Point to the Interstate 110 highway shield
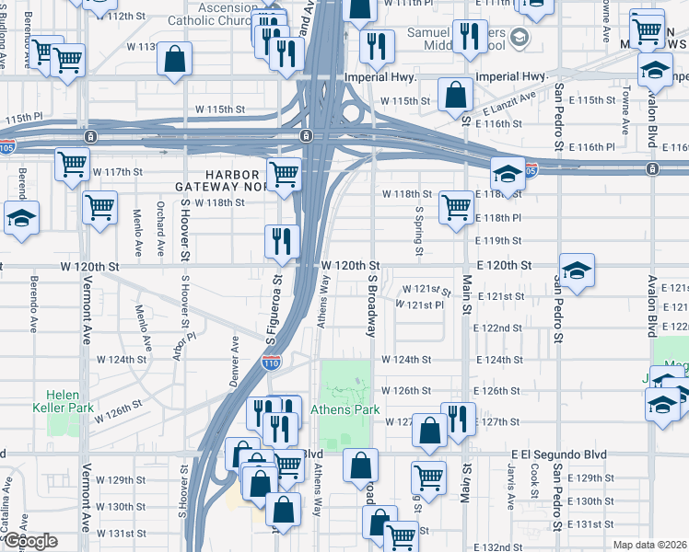coord(290,362)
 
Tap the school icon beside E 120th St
coord(577,270)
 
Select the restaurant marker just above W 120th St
coord(282,241)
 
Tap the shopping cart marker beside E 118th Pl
coord(455,207)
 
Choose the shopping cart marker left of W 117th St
coord(72,166)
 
